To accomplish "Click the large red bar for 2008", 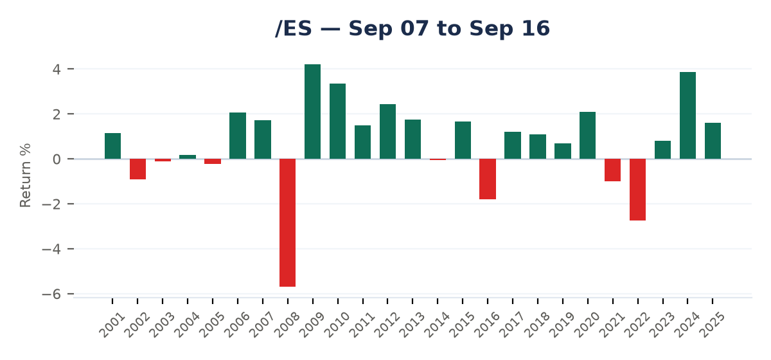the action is click(x=287, y=222).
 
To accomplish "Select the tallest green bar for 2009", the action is click(x=312, y=112).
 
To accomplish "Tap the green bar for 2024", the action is click(x=687, y=116).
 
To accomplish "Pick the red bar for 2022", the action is click(x=638, y=190).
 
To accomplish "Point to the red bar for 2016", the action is click(x=488, y=179).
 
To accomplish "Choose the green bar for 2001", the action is click(x=112, y=146).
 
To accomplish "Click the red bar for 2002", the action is click(x=137, y=169).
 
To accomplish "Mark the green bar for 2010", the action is click(x=338, y=122).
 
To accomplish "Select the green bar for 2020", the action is click(x=587, y=136).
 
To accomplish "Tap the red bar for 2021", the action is click(x=613, y=170).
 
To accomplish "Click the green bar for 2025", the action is click(x=713, y=141).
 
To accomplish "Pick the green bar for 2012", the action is click(x=387, y=132).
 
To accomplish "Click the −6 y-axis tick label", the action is click(x=51, y=294).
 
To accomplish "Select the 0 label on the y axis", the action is click(x=57, y=159).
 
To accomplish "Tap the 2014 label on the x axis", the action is click(x=436, y=325).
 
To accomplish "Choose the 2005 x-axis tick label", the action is click(x=211, y=325).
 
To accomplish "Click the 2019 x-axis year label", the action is click(x=562, y=325).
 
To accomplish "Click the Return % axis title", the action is click(x=26, y=175).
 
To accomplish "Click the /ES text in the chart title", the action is click(x=294, y=28).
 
